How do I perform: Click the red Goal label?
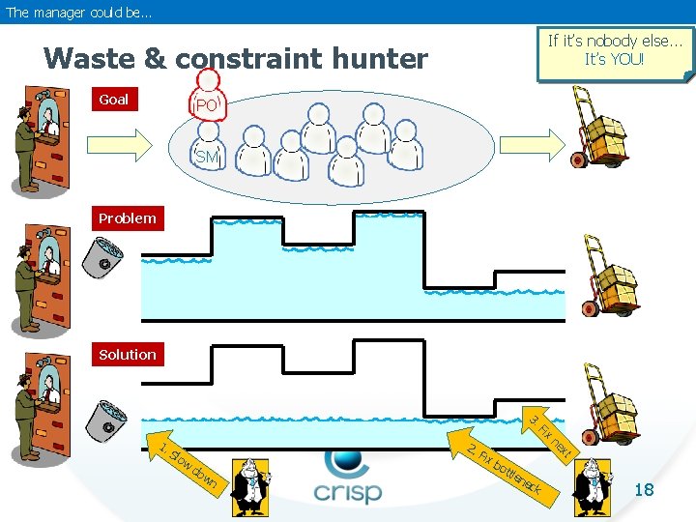pyautogui.click(x=115, y=99)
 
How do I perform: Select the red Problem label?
pyautogui.click(x=128, y=218)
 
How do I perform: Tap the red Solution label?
pyautogui.click(x=128, y=354)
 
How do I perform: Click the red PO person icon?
pyautogui.click(x=208, y=96)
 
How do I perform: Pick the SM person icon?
pyautogui.click(x=208, y=147)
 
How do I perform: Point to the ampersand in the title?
pyautogui.click(x=155, y=58)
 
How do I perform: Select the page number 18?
pyautogui.click(x=644, y=489)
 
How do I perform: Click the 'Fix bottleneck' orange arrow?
pyautogui.click(x=502, y=467)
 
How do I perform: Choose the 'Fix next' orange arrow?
pyautogui.click(x=550, y=435)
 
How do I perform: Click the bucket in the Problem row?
pyautogui.click(x=102, y=258)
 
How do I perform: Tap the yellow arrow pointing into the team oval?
pyautogui.click(x=120, y=145)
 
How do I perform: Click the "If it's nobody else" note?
pyautogui.click(x=615, y=54)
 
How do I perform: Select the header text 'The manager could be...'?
pyautogui.click(x=78, y=13)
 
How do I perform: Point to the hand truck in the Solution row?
pyautogui.click(x=610, y=405)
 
